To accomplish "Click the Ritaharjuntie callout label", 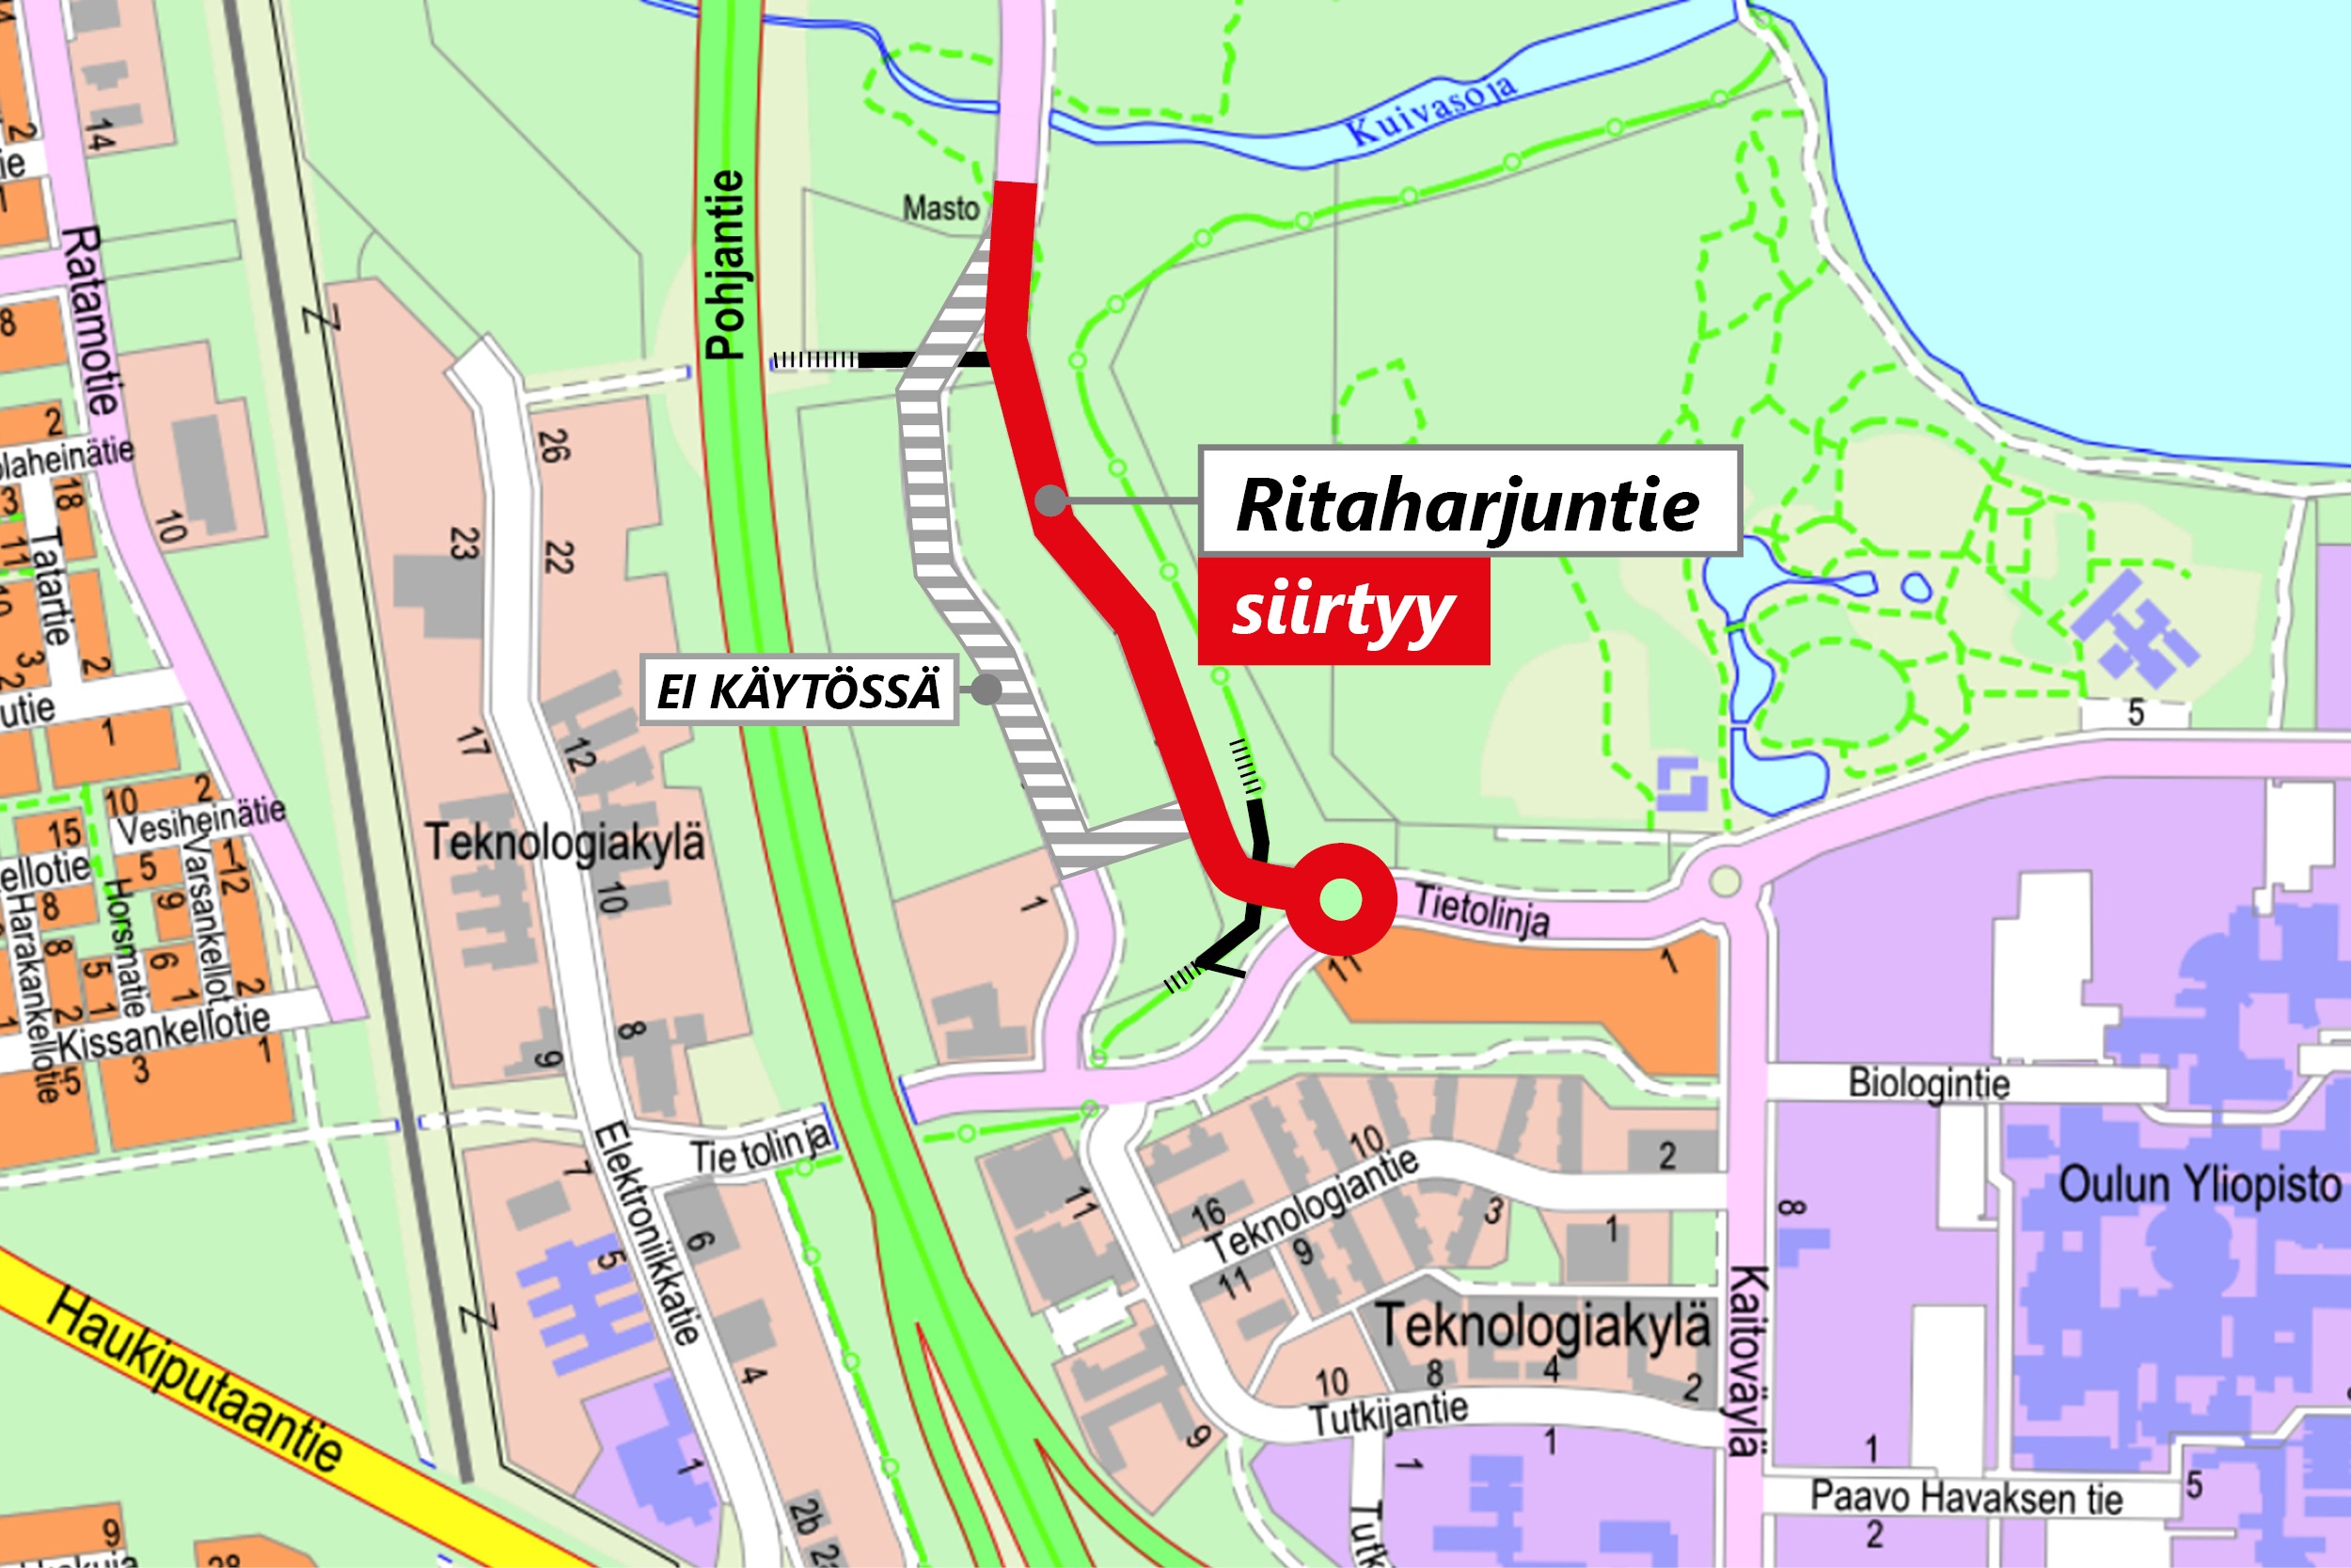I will (x=1469, y=502).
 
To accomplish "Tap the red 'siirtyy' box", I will (x=1344, y=611).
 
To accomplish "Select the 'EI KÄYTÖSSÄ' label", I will (x=798, y=690).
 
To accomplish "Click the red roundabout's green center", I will (x=1340, y=898).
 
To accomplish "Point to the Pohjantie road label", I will (x=726, y=264).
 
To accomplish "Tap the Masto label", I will (x=940, y=209).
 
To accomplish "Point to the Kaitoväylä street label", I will (x=1748, y=1359).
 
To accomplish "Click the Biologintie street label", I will (x=1928, y=1084).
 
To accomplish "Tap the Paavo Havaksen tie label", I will (x=1966, y=1498).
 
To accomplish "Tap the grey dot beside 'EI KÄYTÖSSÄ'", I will (x=986, y=689).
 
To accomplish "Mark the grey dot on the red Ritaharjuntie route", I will (x=1050, y=500).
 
